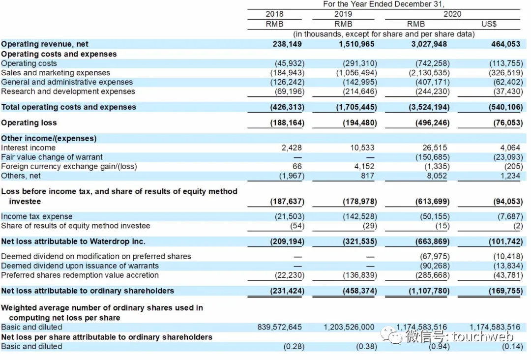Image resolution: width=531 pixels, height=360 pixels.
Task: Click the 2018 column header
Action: point(274,14)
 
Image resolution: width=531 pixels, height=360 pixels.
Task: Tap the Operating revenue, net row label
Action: point(45,44)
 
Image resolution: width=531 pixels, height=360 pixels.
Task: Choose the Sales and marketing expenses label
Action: point(56,73)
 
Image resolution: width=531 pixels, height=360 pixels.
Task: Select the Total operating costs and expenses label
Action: point(69,107)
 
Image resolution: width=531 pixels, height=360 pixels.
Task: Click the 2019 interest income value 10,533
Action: point(362,148)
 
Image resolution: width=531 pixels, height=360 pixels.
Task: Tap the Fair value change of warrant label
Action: point(52,157)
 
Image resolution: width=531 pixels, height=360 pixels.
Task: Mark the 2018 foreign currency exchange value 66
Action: point(297,166)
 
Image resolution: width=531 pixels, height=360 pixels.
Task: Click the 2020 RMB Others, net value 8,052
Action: point(438,176)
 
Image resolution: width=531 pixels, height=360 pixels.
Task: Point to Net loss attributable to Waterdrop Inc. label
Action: point(73,241)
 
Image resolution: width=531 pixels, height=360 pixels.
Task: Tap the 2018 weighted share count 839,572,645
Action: point(280,327)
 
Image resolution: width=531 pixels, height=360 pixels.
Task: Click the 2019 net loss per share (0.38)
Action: point(366,346)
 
